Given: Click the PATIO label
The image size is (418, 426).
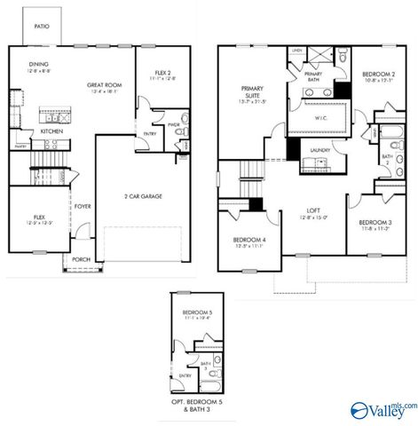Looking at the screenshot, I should click(42, 27).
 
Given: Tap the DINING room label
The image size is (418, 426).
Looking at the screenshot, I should click(38, 64).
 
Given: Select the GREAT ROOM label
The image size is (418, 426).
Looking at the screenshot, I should click(103, 85).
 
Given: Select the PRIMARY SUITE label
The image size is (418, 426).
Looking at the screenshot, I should click(253, 93).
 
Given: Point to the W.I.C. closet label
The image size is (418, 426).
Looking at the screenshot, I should click(322, 116).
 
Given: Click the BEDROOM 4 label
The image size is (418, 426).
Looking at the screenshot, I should click(248, 241).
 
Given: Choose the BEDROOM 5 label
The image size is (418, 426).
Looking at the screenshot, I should click(195, 313).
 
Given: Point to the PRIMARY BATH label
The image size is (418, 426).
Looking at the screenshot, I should click(313, 75).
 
